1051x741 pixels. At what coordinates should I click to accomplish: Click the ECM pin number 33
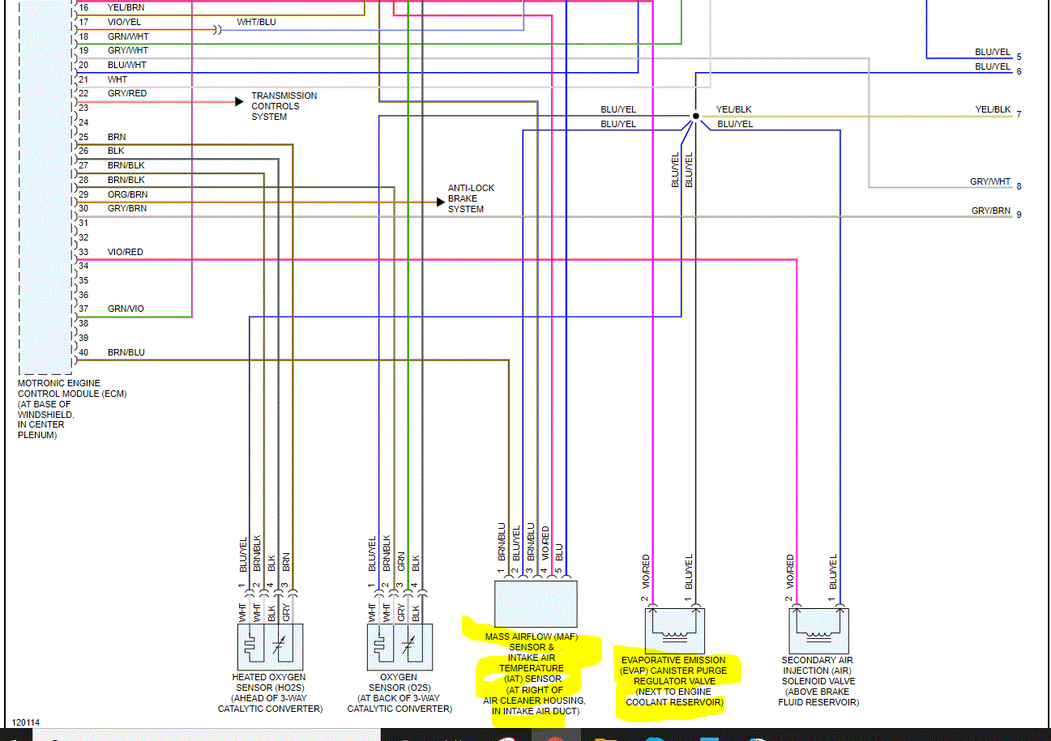(83, 252)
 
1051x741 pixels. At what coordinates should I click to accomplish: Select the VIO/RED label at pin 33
(125, 252)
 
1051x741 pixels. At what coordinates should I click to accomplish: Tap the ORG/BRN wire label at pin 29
(127, 194)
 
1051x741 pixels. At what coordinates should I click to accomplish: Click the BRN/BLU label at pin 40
(126, 352)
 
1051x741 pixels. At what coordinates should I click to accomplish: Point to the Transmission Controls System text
(284, 106)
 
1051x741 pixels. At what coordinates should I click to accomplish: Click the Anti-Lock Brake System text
(471, 198)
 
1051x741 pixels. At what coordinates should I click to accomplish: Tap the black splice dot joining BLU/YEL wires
(695, 117)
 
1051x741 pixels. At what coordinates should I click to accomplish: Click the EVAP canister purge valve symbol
(674, 630)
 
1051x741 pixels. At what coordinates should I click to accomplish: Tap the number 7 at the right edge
(1019, 114)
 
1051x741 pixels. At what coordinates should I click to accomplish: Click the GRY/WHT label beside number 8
(990, 182)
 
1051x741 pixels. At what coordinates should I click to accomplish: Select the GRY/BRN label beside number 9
(991, 211)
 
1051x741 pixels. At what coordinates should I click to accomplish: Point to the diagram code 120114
(25, 722)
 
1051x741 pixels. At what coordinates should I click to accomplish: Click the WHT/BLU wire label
(256, 22)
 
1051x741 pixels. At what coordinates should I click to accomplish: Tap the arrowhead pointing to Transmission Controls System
(239, 101)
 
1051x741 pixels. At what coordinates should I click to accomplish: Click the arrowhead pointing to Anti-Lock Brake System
(440, 202)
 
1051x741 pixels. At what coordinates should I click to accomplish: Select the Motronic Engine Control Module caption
(72, 409)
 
